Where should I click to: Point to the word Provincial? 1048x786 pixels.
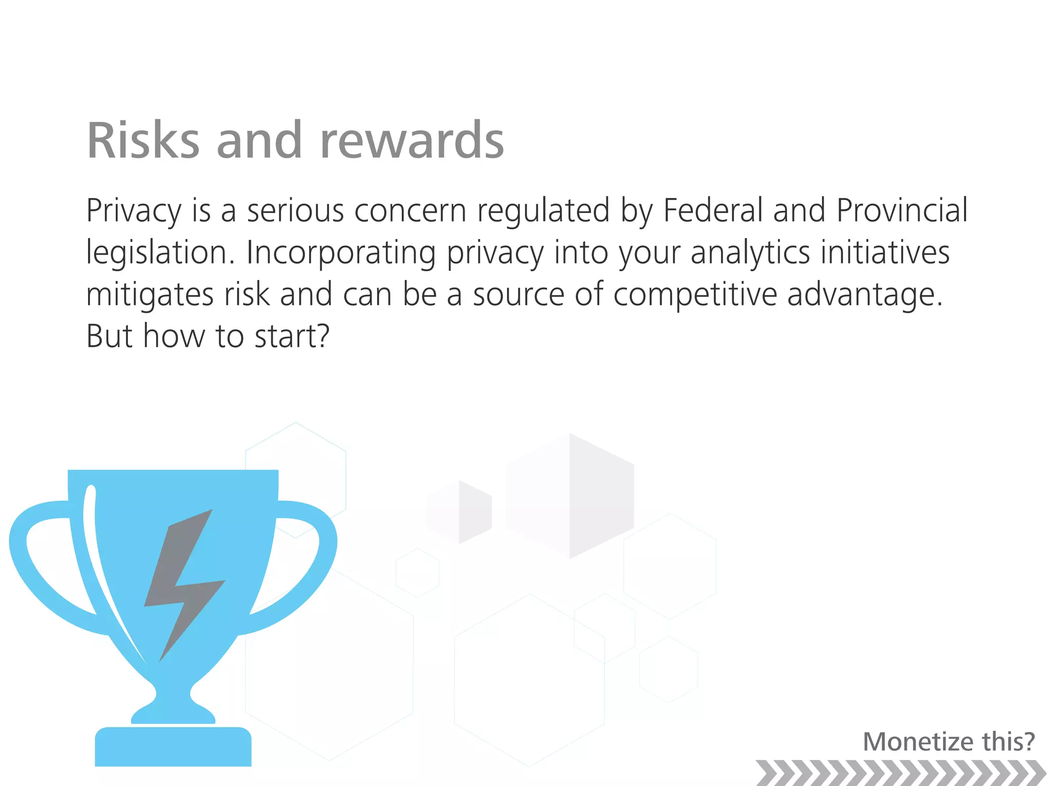902,210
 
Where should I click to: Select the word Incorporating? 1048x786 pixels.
341,253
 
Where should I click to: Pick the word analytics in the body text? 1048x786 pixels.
750,253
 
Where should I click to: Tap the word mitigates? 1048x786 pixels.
149,295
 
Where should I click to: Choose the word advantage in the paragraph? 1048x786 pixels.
864,295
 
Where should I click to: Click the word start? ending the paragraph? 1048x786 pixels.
292,337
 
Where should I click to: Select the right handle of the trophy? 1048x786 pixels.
307,563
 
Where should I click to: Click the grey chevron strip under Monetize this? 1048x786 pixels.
901,772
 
